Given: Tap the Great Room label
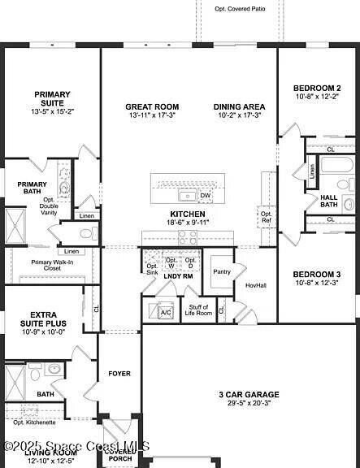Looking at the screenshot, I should click(152, 107).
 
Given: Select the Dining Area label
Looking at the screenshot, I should click(239, 107).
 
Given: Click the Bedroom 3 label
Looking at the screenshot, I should click(317, 275).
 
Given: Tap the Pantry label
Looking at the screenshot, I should click(220, 272).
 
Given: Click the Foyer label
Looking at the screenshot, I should click(119, 374).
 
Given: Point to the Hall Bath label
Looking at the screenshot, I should click(329, 197).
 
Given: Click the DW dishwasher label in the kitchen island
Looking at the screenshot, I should click(205, 196).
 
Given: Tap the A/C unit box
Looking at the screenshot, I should click(166, 312).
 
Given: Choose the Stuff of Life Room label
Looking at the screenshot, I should click(198, 309).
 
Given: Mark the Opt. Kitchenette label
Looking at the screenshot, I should click(34, 422).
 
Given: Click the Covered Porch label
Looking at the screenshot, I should click(120, 455).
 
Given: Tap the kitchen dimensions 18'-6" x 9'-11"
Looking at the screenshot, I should click(188, 222).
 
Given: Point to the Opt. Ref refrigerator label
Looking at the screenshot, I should click(266, 217).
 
